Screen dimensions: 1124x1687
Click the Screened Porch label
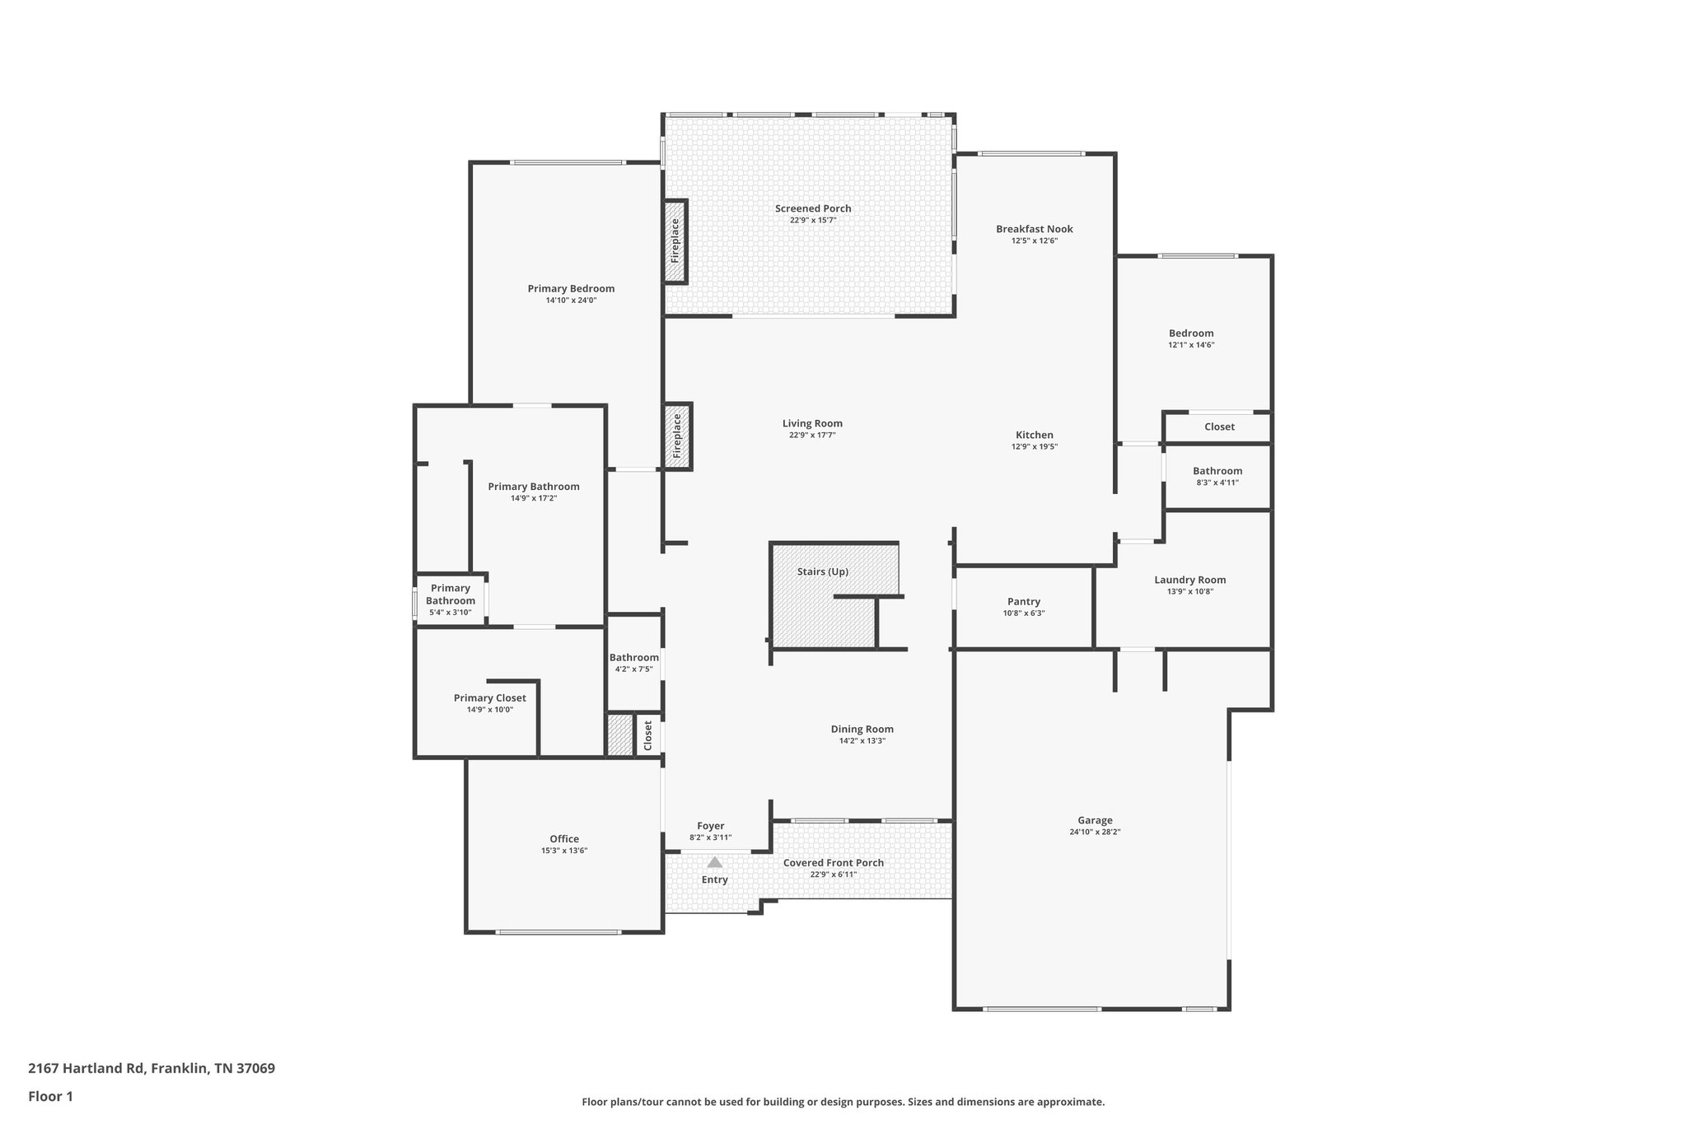(812, 208)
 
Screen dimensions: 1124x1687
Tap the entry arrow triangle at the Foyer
(714, 862)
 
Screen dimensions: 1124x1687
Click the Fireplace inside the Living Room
(677, 436)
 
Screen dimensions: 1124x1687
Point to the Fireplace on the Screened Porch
(675, 241)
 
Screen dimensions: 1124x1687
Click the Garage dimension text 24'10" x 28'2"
(1095, 832)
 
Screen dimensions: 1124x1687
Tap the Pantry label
(1023, 602)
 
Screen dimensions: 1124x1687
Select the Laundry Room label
(1189, 580)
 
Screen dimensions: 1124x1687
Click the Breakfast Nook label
(1034, 229)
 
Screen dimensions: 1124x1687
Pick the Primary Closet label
(489, 698)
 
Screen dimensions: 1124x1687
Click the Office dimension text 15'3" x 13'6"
(564, 851)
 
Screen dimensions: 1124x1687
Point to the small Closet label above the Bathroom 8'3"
(1219, 427)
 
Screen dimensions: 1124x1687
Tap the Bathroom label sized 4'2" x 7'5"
(633, 657)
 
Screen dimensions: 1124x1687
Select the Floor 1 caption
(50, 1096)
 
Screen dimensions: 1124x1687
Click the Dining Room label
(862, 729)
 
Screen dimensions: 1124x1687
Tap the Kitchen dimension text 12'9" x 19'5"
(1034, 446)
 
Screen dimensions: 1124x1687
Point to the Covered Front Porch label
(833, 863)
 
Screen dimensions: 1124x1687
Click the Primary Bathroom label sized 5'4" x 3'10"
(450, 595)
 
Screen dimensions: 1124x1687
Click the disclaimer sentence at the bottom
(843, 1102)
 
